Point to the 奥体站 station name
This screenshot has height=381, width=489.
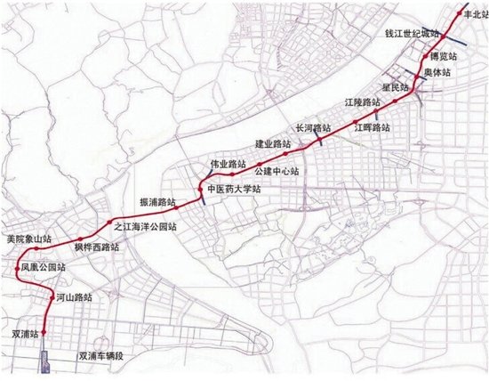445,70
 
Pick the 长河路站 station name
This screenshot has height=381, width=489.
313,128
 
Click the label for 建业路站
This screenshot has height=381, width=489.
274,143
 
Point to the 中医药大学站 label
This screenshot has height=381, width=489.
233,190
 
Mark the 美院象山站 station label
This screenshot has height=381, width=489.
28,239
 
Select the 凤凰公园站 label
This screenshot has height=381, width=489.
42,266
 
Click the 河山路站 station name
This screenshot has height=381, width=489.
74,296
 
